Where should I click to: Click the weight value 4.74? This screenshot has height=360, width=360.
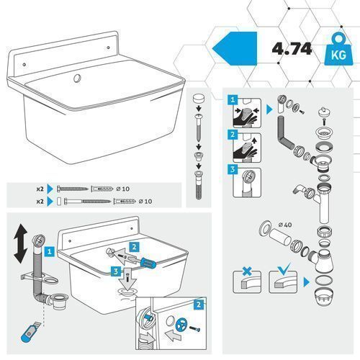coord(292,49)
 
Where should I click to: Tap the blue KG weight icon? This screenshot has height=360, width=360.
coord(338,50)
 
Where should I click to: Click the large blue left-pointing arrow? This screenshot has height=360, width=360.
coord(235,48)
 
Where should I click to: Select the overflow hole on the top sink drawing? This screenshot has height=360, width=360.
coord(77,78)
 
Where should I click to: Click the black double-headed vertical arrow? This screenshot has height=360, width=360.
coord(20,243)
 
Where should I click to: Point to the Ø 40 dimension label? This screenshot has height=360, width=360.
coord(285,225)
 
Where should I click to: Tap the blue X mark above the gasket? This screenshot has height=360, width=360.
coord(247,271)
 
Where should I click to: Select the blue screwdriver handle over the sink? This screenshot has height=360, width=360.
coord(148,263)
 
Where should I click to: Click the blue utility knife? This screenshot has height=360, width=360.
coord(30,332)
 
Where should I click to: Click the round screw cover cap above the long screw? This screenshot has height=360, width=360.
coord(199,98)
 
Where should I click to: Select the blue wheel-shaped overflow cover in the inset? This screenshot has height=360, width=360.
coord(181,325)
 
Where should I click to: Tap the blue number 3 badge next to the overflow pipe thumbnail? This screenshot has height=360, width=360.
coord(233,169)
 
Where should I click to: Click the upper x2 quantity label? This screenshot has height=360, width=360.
coord(40,189)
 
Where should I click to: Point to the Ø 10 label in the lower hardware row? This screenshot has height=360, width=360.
coord(145,201)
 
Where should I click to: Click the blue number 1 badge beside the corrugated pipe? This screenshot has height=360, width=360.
coord(50,251)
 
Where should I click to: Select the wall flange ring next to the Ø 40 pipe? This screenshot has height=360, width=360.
coord(265,228)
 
